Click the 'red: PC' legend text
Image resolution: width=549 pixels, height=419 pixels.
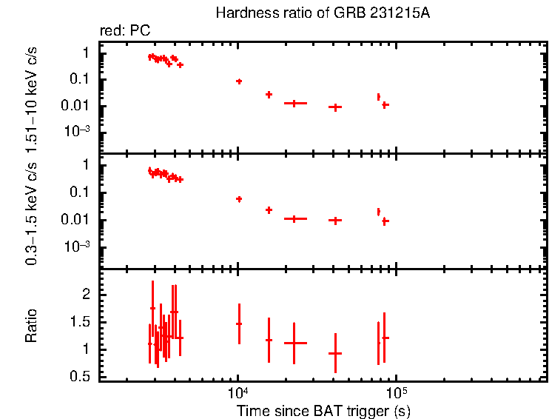(125, 30)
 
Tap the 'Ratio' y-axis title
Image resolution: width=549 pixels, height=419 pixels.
(32, 325)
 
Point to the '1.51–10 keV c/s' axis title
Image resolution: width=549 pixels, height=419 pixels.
(32, 96)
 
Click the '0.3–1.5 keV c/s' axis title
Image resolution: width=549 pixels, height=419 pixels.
(32, 211)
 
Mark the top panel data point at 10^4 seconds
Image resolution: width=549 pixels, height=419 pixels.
(239, 81)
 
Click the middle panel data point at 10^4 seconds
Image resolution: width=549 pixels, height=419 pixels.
(239, 198)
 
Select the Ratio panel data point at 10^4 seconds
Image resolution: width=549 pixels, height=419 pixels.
(239, 324)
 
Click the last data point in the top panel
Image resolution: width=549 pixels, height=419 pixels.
(385, 105)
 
